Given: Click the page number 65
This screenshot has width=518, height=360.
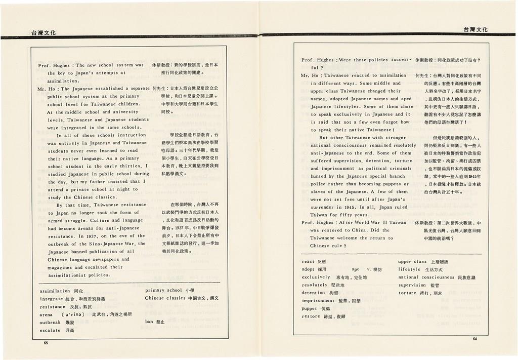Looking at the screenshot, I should coord(46,343).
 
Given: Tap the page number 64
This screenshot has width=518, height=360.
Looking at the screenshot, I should coord(475,338).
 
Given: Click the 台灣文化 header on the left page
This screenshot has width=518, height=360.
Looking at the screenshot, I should coord(43,32).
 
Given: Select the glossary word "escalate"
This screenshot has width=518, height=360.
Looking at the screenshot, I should coord(50,330).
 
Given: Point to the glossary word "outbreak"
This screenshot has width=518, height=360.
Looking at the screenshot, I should coord(50,322).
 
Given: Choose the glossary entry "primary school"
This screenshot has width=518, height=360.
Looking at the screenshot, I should coord(163,291).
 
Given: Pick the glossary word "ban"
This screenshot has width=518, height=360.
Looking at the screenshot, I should coord(149,322).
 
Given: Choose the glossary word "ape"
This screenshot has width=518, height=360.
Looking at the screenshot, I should coord(356,269).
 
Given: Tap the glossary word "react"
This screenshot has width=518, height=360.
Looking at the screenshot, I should coord(308,262).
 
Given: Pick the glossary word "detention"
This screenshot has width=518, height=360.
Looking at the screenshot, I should coord(313,293).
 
